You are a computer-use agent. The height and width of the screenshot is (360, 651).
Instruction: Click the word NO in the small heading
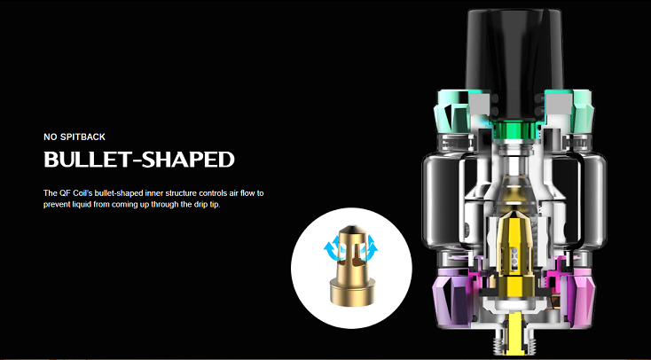pyautogui.click(x=49, y=137)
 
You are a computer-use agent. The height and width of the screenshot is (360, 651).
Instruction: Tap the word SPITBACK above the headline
pyautogui.click(x=81, y=137)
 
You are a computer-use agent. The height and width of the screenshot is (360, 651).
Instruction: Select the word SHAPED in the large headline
pyautogui.click(x=189, y=159)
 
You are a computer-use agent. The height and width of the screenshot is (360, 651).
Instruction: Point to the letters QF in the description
pyautogui.click(x=64, y=193)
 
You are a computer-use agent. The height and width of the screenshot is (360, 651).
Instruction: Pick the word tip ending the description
pyautogui.click(x=215, y=205)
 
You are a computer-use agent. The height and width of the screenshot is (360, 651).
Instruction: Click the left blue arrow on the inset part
pyautogui.click(x=332, y=247)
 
